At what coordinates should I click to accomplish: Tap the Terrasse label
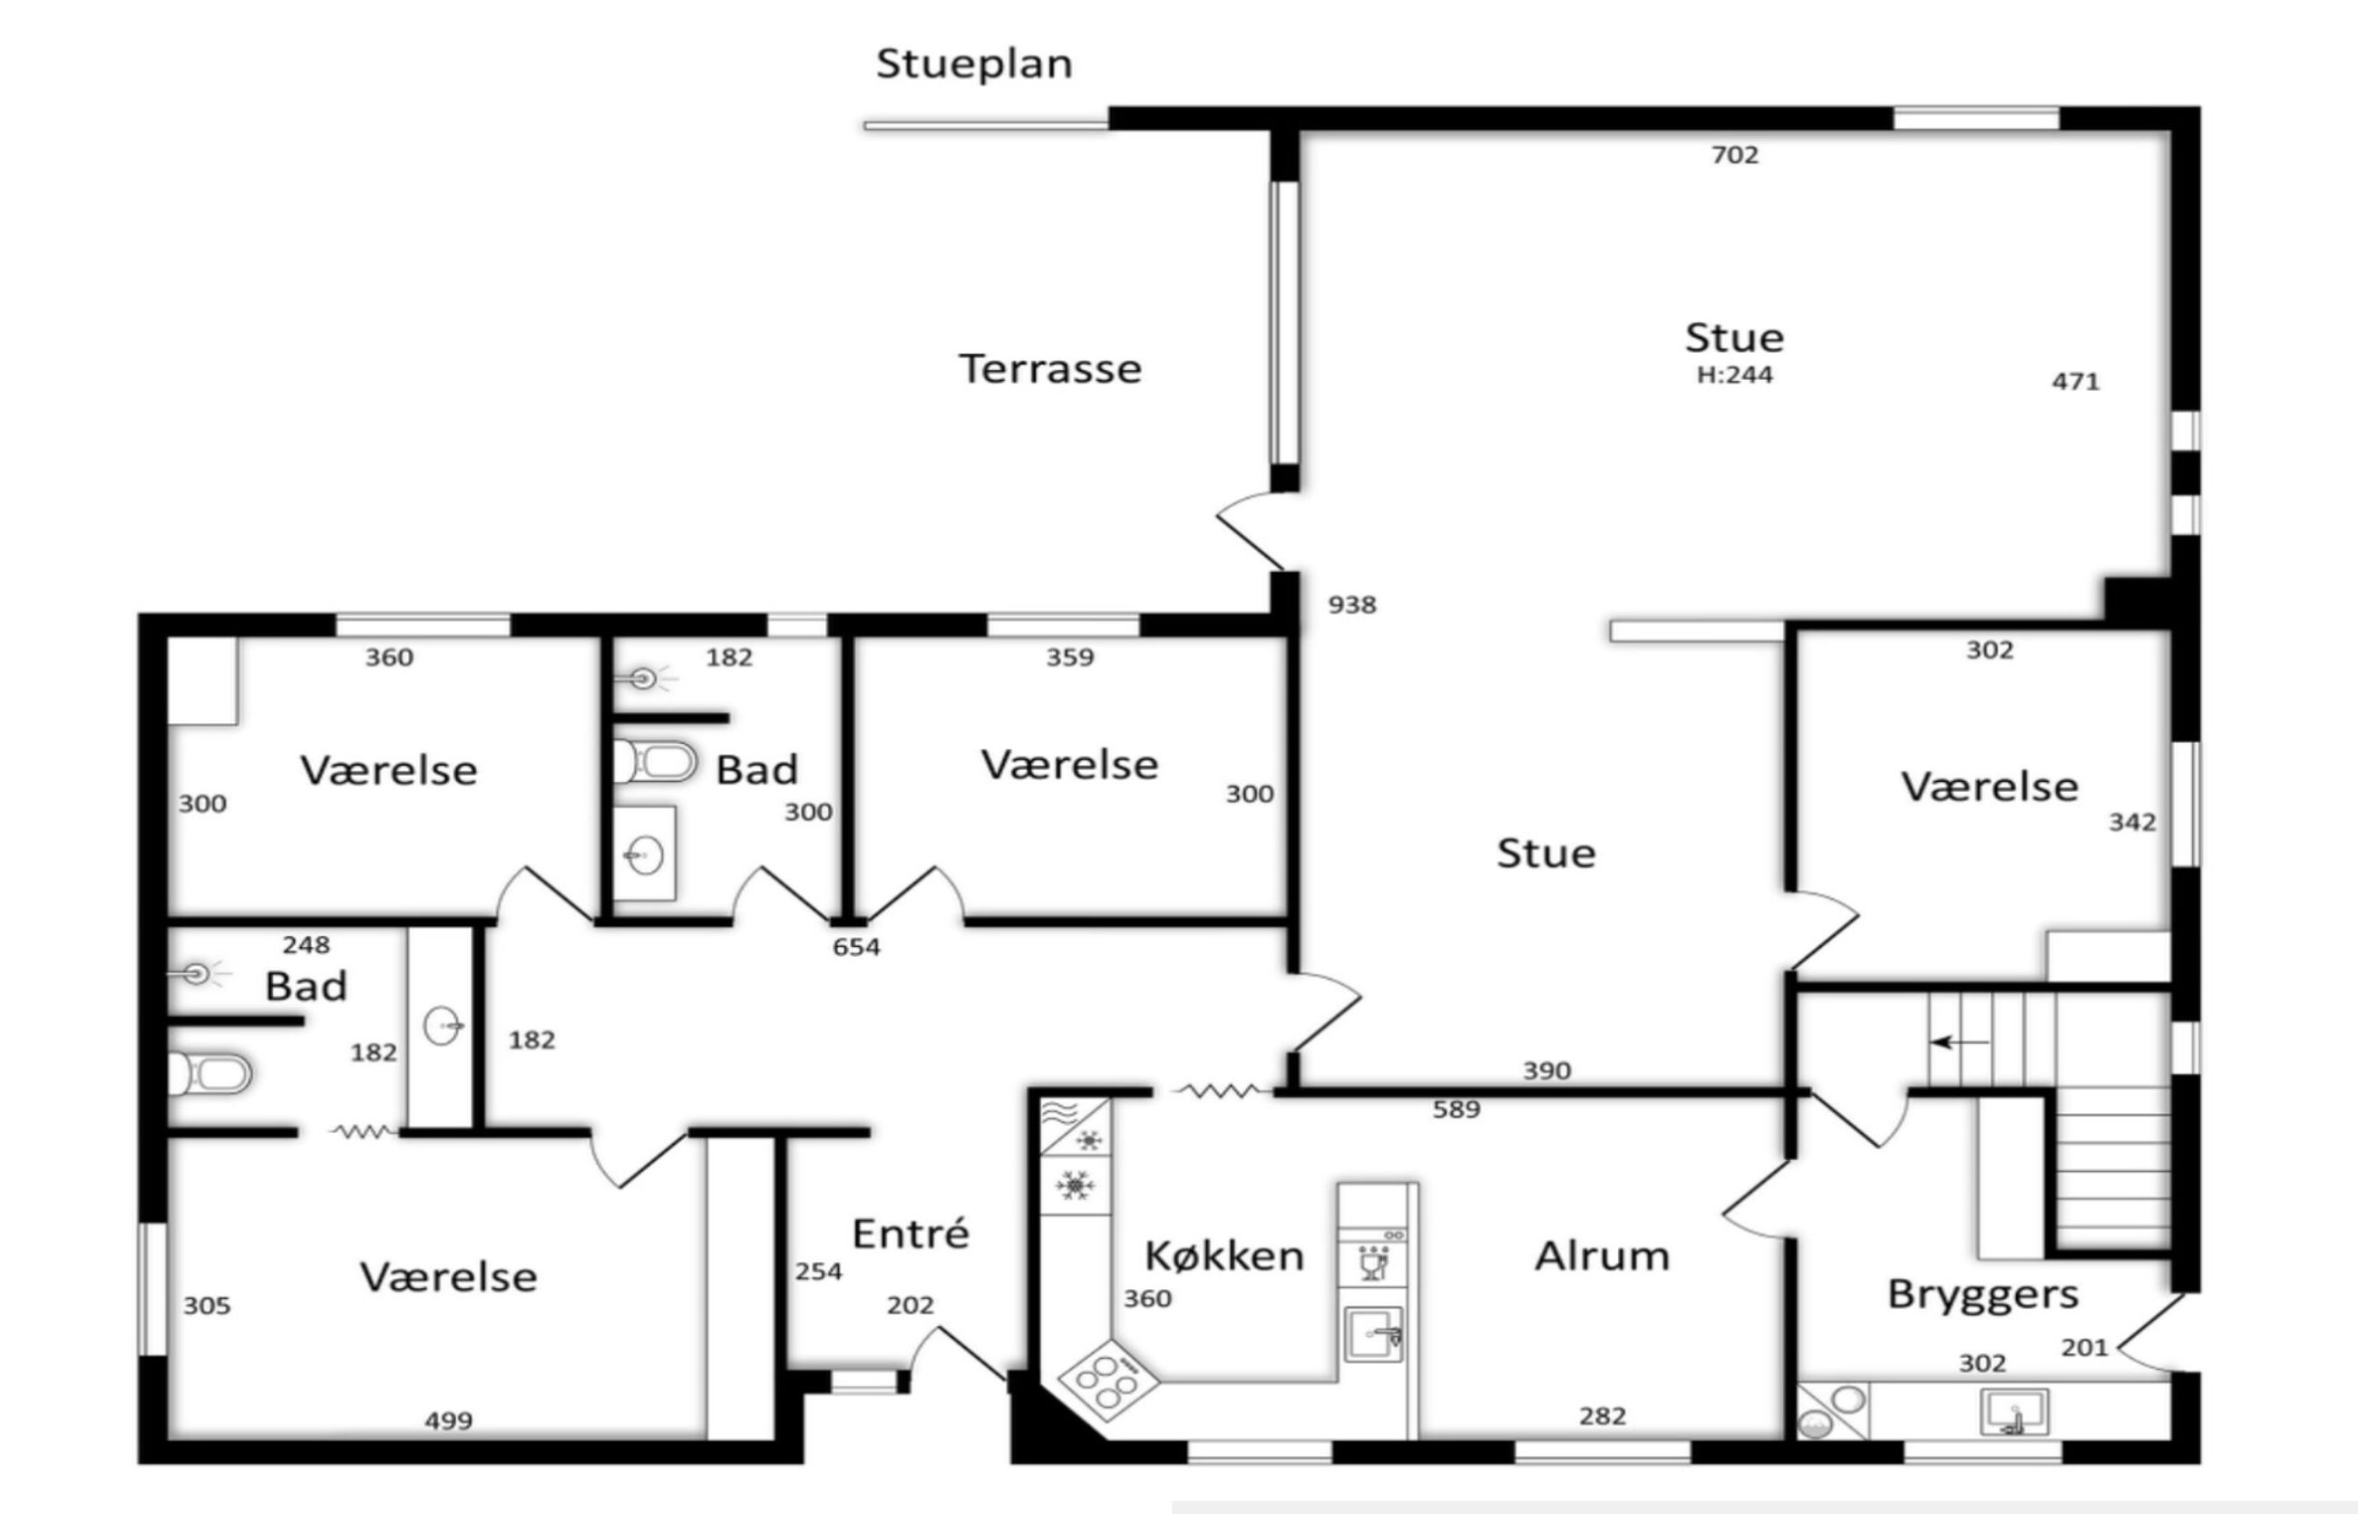click(1049, 368)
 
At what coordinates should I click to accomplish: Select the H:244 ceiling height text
click(1735, 375)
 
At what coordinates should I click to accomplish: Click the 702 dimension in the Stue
click(1735, 155)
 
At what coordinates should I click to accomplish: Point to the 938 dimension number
click(1352, 605)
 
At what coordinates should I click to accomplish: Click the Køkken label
click(1224, 1255)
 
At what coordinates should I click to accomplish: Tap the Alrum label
click(1603, 1255)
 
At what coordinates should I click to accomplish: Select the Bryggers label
click(1983, 1294)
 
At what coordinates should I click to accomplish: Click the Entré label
click(911, 1233)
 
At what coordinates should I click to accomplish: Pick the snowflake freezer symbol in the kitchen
click(1075, 1186)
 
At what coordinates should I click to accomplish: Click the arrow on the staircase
click(1959, 1042)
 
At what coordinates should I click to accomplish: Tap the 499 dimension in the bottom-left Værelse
click(448, 1421)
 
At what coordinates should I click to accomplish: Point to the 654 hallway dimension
click(856, 947)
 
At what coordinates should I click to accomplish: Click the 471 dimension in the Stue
click(2076, 382)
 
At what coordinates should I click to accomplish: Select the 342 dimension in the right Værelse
click(2133, 822)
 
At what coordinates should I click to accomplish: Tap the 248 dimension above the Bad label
click(306, 944)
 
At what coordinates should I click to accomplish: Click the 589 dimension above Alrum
click(1456, 1109)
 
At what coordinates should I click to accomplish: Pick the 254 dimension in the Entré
click(819, 1271)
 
